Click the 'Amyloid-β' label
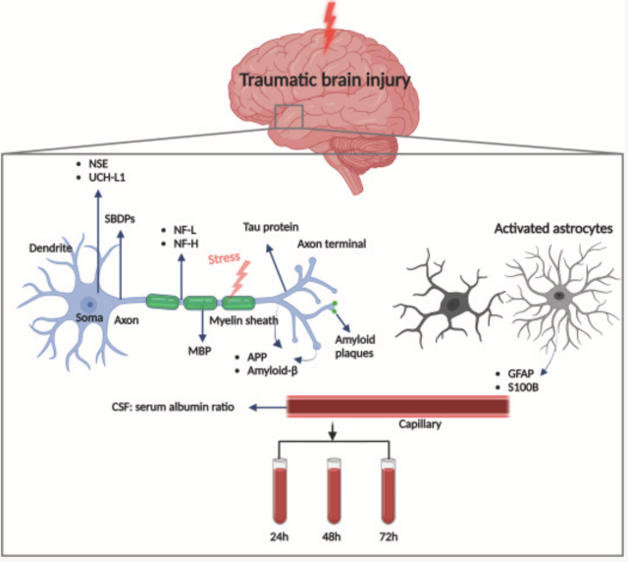(268, 371)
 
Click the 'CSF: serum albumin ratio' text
(178, 406)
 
